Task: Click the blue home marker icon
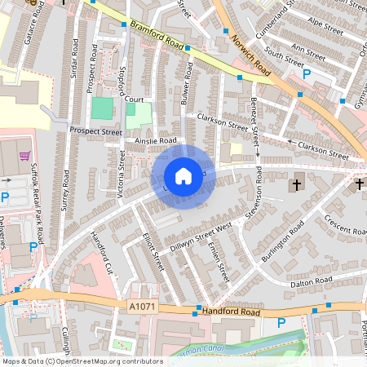(x=183, y=176)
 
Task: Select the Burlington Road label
(x=283, y=240)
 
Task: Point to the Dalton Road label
(x=312, y=281)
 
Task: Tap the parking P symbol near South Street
(x=307, y=74)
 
